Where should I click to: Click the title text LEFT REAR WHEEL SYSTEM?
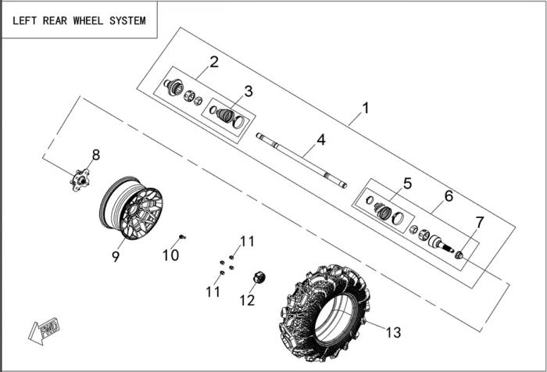[x=79, y=20]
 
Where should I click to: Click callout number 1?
[x=366, y=107]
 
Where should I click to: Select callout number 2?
[x=214, y=61]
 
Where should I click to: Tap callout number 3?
[x=248, y=91]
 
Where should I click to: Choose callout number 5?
[x=407, y=184]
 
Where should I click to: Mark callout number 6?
[x=449, y=195]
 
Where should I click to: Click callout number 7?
[x=480, y=222]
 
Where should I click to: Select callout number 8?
[x=96, y=155]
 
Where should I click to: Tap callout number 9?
[x=116, y=256]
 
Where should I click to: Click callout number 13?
[x=393, y=332]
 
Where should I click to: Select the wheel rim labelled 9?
[x=131, y=208]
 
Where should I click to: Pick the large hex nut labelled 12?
[x=259, y=277]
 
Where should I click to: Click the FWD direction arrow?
[x=44, y=330]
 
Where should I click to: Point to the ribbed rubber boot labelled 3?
[x=227, y=116]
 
